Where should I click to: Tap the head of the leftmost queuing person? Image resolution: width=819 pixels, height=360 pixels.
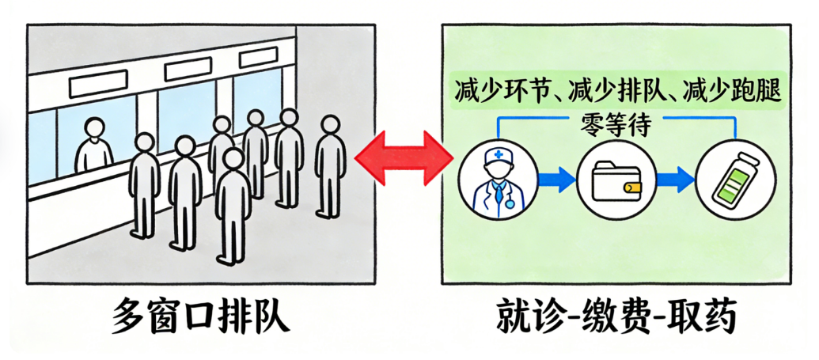[x=144, y=143]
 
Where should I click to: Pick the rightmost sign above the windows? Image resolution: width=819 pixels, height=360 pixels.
[x=259, y=57]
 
